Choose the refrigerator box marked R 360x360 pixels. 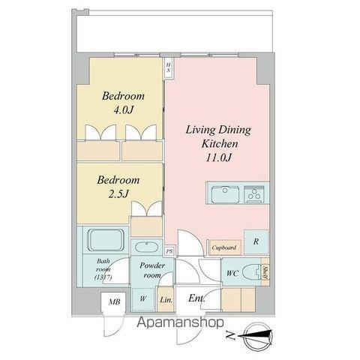[x=256, y=241]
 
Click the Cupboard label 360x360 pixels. [x=223, y=247]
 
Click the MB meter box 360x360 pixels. [x=115, y=302]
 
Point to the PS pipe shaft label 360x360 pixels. [x=169, y=251]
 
